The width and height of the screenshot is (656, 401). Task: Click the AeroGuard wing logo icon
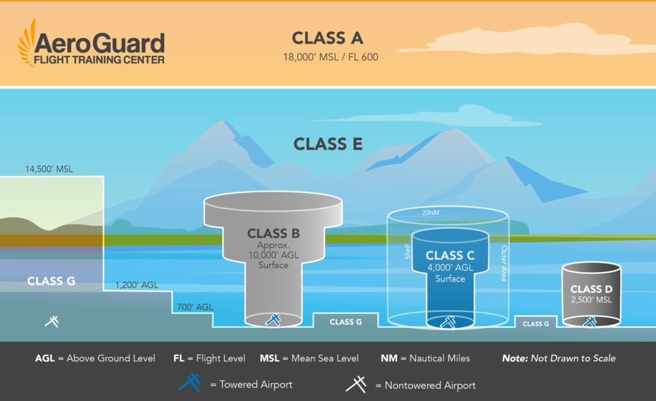pyautogui.click(x=28, y=44)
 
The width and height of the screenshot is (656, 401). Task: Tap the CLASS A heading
pyautogui.click(x=327, y=38)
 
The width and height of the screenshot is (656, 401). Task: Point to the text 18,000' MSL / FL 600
pyautogui.click(x=331, y=57)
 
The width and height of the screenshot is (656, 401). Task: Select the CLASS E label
pyautogui.click(x=328, y=144)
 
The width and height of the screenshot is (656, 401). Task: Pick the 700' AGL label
pyautogui.click(x=195, y=307)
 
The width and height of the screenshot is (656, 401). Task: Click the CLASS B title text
pyautogui.click(x=274, y=233)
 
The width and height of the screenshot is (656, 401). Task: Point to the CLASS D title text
pyautogui.click(x=592, y=289)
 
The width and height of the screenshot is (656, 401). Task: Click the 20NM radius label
pyautogui.click(x=432, y=213)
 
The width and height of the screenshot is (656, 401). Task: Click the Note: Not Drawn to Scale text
pyautogui.click(x=559, y=358)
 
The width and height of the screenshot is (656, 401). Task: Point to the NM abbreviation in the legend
pyautogui.click(x=388, y=358)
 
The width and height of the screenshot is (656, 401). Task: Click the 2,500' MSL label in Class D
pyautogui.click(x=592, y=300)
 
